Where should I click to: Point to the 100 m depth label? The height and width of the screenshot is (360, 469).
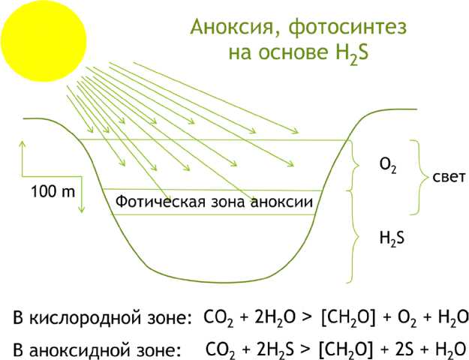click(52, 192)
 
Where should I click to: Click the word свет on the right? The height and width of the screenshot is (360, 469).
click(449, 177)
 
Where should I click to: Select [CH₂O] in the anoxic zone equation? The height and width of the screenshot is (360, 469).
click(345, 349)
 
